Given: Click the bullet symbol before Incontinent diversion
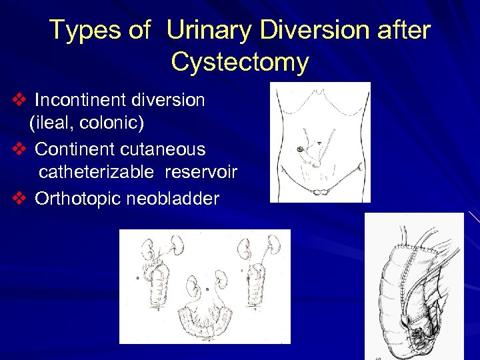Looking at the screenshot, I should pos(19,100).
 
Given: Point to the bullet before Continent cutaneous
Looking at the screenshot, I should pos(19,149).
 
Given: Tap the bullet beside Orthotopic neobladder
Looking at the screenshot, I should pos(19,199).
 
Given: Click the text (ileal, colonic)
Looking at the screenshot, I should pos(86,123).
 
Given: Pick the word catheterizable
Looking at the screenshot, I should pos(96,173).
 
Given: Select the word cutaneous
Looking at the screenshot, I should pos(164,149).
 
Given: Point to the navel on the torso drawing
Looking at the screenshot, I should pos(321,143).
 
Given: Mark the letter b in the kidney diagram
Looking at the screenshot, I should pos(207,290).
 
